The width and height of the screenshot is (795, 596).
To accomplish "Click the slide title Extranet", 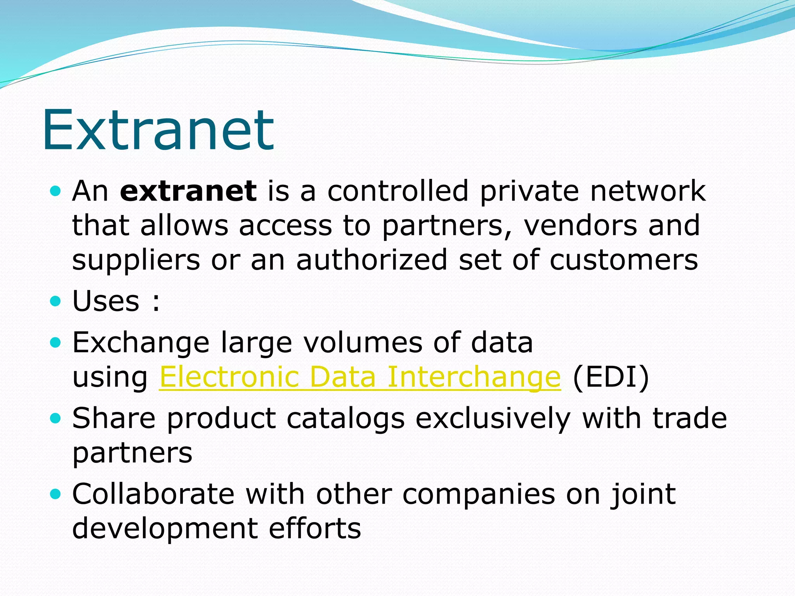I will [x=158, y=130].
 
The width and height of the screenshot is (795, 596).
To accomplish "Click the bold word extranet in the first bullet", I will [x=188, y=191].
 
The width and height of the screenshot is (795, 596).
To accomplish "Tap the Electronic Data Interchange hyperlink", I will [x=360, y=377].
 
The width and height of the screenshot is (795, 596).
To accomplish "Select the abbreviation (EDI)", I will [x=611, y=377].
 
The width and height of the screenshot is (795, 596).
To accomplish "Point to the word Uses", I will [x=106, y=301].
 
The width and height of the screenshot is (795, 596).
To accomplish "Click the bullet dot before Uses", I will [x=56, y=301].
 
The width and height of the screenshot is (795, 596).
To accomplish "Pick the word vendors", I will [x=580, y=226].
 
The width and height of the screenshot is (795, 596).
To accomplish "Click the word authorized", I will [x=372, y=260].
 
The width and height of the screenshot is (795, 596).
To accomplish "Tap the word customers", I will [x=624, y=260].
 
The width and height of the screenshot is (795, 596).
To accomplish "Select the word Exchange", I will [x=141, y=343].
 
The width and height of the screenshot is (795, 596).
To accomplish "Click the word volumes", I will [x=363, y=343].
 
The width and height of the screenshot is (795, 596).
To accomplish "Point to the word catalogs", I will [x=345, y=419].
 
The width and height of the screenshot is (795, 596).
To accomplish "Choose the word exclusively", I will [x=493, y=419].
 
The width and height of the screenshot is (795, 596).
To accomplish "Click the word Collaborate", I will [x=153, y=494].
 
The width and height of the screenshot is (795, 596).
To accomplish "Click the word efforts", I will [x=315, y=528].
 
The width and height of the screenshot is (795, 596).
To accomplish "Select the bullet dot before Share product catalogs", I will [x=56, y=418].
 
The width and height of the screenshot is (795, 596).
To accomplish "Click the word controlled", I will [x=398, y=191].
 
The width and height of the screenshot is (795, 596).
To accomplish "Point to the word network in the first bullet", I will [x=647, y=191].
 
